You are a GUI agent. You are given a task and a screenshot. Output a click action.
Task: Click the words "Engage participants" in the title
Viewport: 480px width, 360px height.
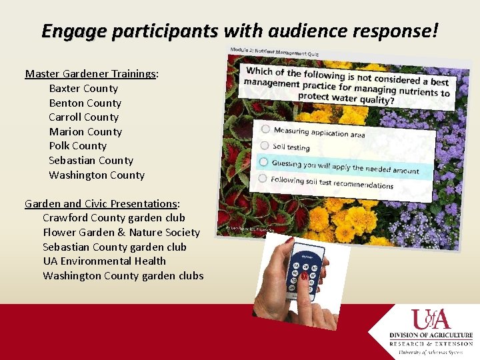(129, 31)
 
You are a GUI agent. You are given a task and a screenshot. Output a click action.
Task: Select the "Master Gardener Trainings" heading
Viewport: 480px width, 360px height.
(90, 74)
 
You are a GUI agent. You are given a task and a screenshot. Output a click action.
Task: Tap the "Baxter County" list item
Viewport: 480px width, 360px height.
(83, 89)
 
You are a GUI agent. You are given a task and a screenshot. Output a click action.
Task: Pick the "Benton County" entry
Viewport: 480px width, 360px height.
(85, 103)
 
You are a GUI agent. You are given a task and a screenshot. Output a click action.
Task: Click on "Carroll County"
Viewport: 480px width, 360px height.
(83, 117)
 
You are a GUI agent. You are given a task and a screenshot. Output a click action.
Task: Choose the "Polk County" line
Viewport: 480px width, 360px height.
(77, 146)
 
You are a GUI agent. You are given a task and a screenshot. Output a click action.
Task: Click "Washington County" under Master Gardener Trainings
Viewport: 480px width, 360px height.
(97, 175)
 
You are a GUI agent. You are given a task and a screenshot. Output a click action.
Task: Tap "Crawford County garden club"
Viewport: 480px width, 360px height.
(114, 218)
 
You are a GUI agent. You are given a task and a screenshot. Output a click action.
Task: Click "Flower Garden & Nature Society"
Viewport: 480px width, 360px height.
(121, 233)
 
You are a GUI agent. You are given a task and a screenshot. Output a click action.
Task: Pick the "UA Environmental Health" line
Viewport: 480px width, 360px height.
(105, 261)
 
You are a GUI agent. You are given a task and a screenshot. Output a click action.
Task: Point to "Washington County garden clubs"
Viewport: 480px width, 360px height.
(123, 276)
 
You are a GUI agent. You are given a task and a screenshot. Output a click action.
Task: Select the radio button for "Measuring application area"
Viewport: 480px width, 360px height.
(265, 129)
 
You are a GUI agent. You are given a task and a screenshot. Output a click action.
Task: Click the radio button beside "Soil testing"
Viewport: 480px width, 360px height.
(265, 145)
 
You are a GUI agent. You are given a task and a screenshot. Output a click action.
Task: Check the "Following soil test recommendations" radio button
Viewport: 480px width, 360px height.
(263, 178)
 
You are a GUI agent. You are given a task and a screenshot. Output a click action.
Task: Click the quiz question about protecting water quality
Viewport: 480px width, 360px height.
(347, 85)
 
